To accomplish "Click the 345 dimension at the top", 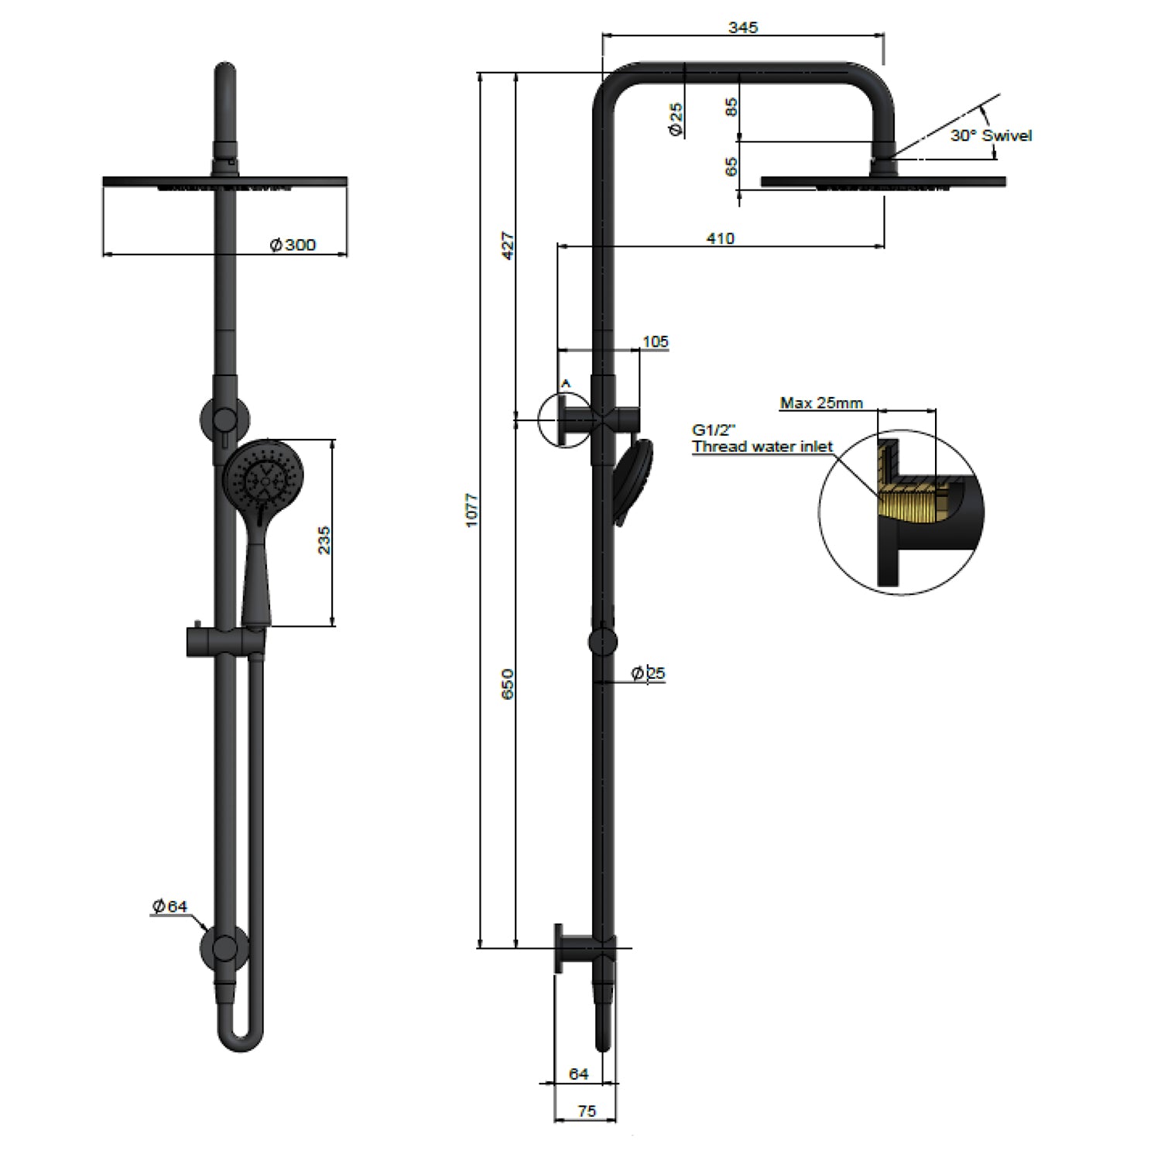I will pos(743,28).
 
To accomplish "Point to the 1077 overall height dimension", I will pos(472,511).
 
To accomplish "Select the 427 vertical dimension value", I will pos(508,245).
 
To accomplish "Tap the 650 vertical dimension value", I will pos(508,684).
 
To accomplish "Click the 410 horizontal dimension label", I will pos(720,238).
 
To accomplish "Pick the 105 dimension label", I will pos(655,342).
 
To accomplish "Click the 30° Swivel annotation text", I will pos(991,135).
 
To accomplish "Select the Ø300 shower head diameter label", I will pos(293,245).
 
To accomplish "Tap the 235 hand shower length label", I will pos(324,540).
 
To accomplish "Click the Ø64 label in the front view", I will pos(170,906).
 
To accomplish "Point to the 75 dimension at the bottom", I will pos(587,1111).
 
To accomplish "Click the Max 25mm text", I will pos(820,402).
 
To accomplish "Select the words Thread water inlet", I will pos(762,447).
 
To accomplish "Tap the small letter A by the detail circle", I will pos(565,382).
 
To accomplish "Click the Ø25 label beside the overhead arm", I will pos(676,120).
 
